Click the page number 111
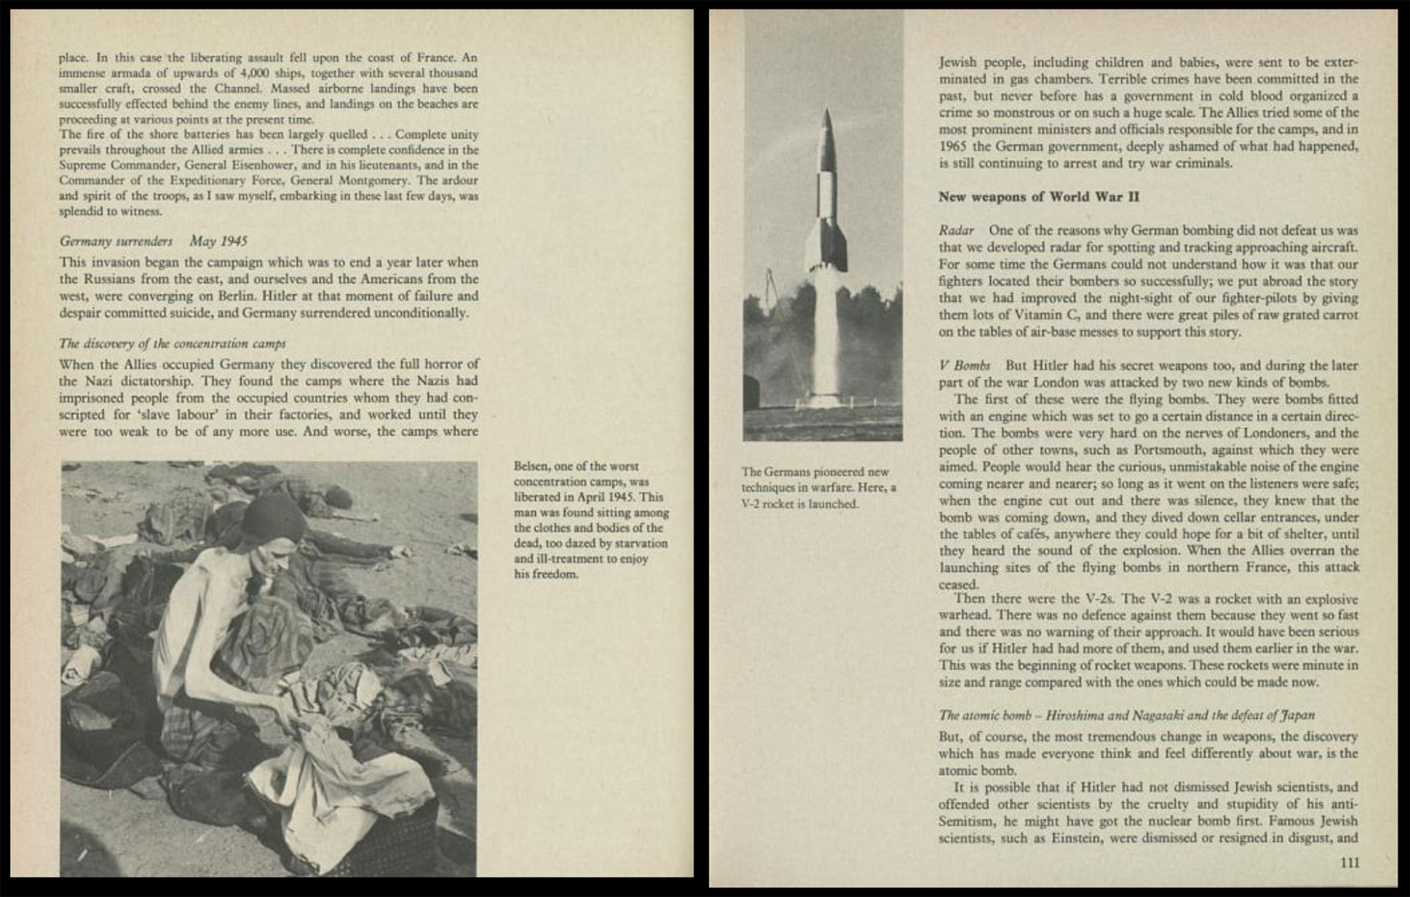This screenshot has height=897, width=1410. click(x=1349, y=862)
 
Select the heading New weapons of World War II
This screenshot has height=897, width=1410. click(x=1038, y=197)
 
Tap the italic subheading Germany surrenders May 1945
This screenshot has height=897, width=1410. click(x=153, y=241)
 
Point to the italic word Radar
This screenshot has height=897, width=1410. click(x=956, y=231)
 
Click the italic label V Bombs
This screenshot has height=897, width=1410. click(x=964, y=365)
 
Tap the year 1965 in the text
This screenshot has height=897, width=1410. click(x=952, y=146)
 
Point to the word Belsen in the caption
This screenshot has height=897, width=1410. click(x=531, y=466)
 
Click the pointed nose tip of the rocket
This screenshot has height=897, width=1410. click(x=827, y=112)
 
